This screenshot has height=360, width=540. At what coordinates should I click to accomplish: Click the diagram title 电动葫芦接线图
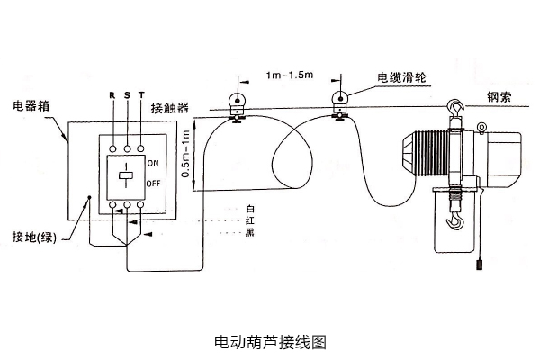269,342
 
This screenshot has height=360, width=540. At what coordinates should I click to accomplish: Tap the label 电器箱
31,106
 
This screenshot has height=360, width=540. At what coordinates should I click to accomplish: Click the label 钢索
499,99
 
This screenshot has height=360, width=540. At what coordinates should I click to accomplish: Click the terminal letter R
112,94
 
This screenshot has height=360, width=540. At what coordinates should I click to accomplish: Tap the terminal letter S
128,94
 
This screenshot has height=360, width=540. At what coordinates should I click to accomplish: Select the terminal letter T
143,94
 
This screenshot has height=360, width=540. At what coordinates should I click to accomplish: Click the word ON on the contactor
152,163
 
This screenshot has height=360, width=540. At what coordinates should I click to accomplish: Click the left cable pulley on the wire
236,102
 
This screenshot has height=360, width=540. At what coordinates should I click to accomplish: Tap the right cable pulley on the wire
341,102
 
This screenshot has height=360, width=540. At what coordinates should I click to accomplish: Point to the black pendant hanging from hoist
479,266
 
